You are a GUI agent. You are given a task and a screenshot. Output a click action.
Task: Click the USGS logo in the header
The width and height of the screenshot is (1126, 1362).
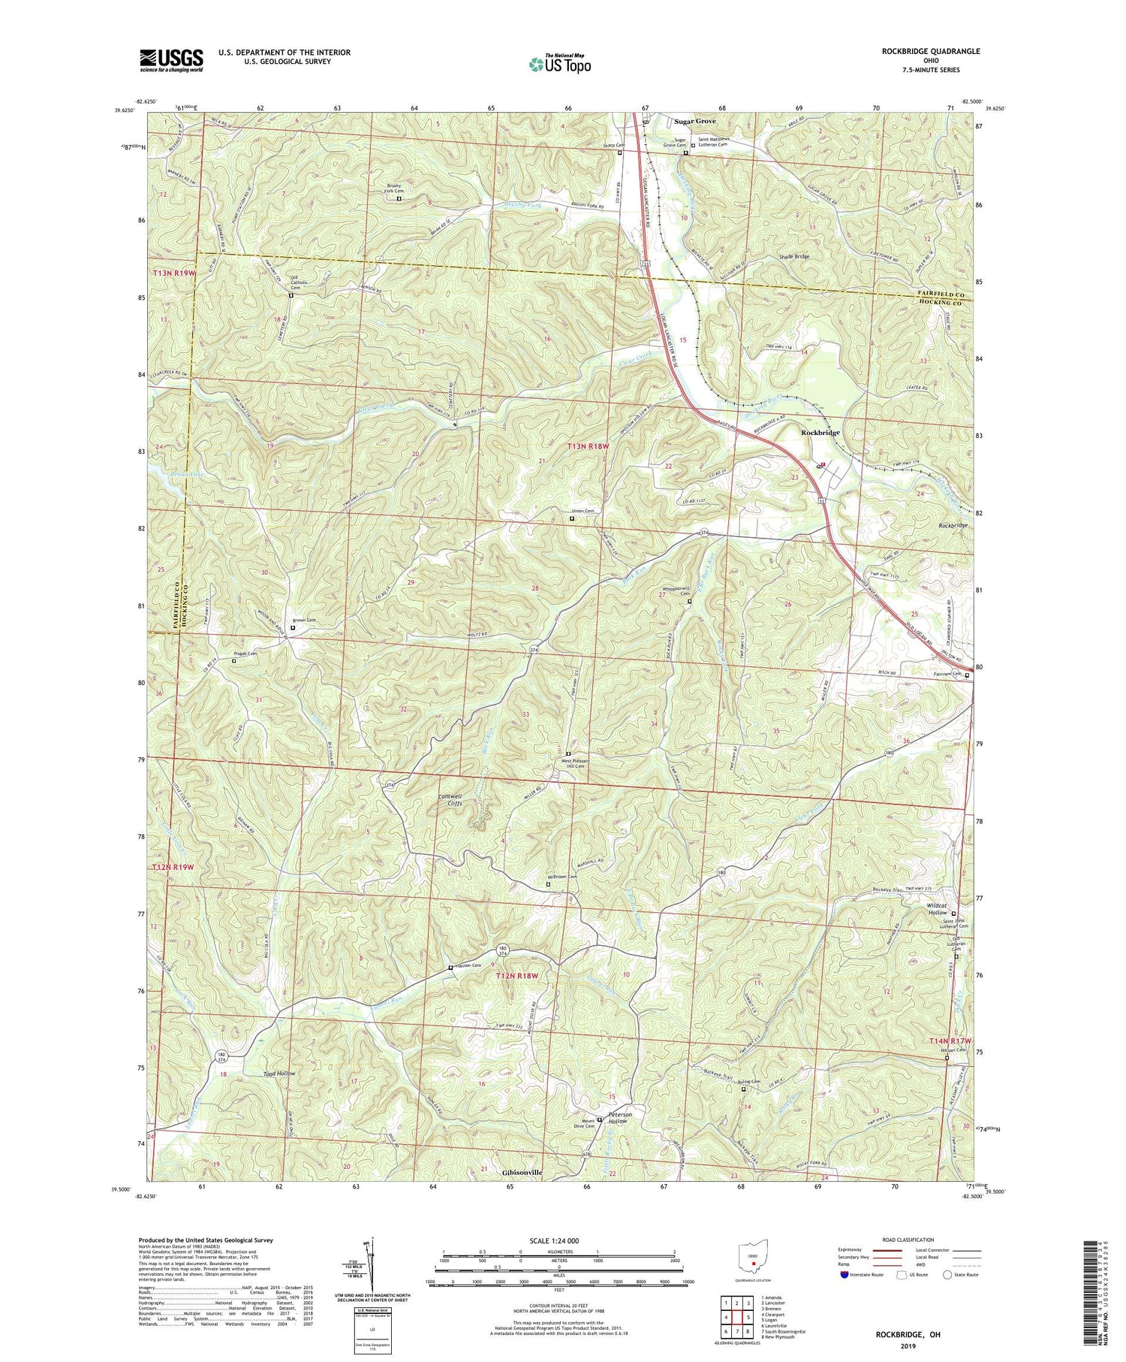tap(171, 59)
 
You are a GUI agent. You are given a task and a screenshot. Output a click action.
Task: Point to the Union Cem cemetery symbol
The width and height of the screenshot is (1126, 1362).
tap(571, 518)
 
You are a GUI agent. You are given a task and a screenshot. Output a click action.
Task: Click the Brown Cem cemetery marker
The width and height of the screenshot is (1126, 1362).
tap(293, 628)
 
